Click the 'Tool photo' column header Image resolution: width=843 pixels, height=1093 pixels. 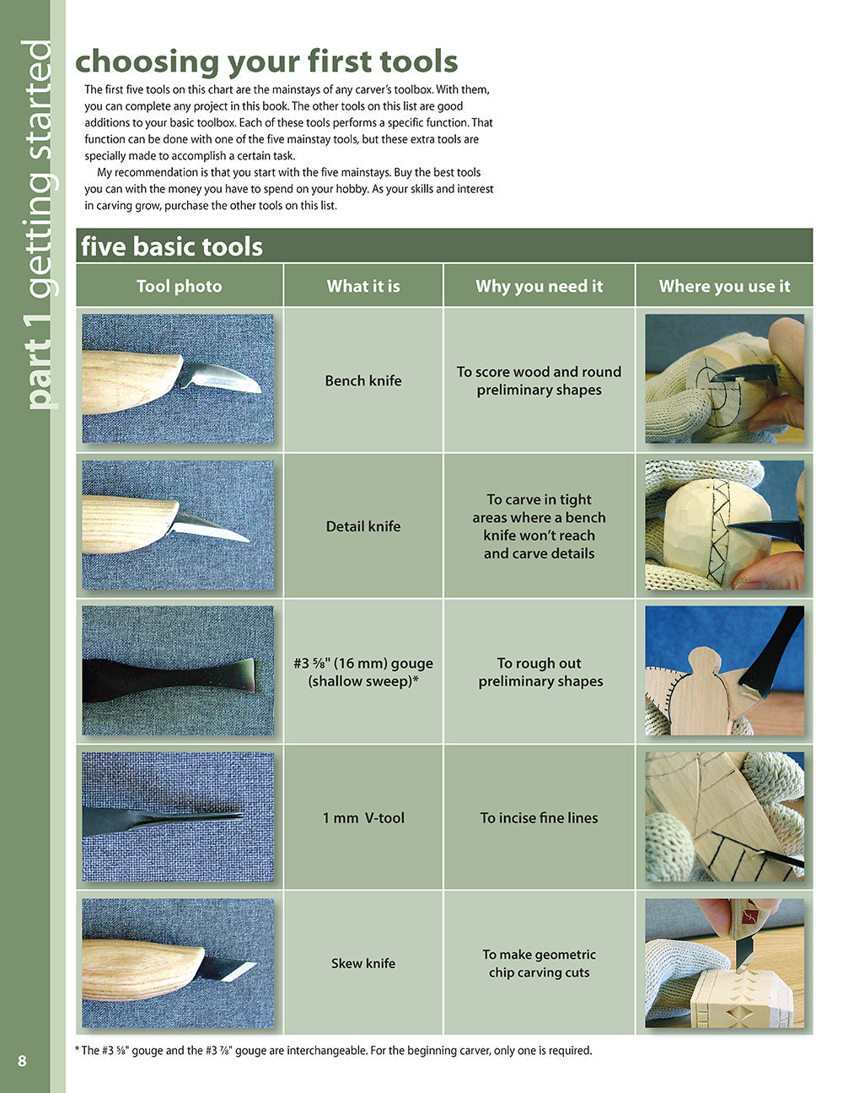pyautogui.click(x=179, y=286)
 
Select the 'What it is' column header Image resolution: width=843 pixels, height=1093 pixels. pyautogui.click(x=363, y=286)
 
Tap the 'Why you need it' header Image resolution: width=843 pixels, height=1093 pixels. pyautogui.click(x=539, y=286)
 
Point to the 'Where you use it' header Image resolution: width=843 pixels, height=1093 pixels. pyautogui.click(x=724, y=286)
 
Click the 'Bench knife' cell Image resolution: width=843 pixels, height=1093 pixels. pyautogui.click(x=363, y=380)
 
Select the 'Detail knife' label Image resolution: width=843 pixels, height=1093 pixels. pyautogui.click(x=363, y=526)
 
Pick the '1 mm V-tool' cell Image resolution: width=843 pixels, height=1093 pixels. pyautogui.click(x=363, y=817)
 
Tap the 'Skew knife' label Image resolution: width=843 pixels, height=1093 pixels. pyautogui.click(x=363, y=963)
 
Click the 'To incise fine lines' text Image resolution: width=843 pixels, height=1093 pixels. pyautogui.click(x=539, y=817)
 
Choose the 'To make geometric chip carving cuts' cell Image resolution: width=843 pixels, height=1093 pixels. pyautogui.click(x=539, y=963)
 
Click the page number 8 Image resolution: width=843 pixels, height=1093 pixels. pyautogui.click(x=22, y=1061)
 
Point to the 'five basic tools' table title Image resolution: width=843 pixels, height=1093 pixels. pyautogui.click(x=172, y=246)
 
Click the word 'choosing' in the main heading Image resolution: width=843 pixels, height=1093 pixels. pyautogui.click(x=147, y=62)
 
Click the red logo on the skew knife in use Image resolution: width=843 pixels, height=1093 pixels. pyautogui.click(x=750, y=916)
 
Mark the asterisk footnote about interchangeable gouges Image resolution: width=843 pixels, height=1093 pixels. pyautogui.click(x=333, y=1050)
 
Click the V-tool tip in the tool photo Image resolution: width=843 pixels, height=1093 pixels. pyautogui.click(x=241, y=815)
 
